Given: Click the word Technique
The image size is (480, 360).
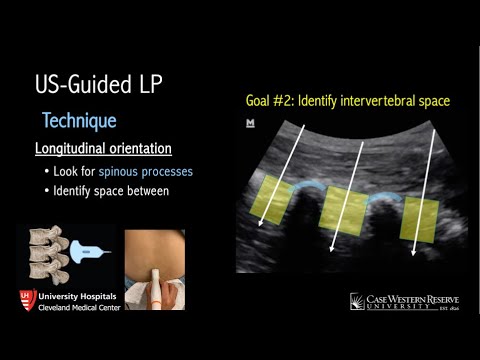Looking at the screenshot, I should (79, 121).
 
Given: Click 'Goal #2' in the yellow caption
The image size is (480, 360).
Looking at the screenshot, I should (271, 101).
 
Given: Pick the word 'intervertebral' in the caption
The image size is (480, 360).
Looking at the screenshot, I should (385, 101).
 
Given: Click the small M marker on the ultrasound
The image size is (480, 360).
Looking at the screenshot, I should (250, 124).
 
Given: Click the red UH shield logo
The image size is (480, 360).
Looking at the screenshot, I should (28, 300).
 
